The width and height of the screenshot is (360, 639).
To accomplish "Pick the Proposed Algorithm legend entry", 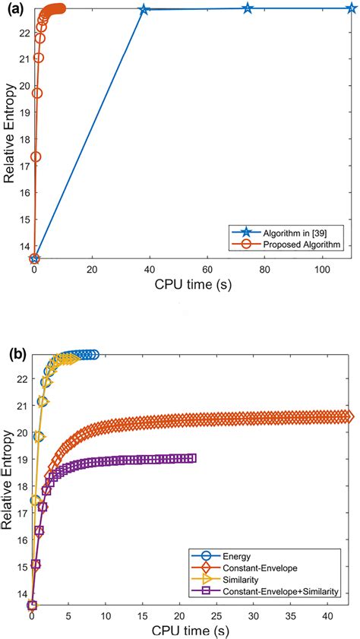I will click(x=297, y=245).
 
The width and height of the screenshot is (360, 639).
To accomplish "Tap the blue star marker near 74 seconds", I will click(x=248, y=8).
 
